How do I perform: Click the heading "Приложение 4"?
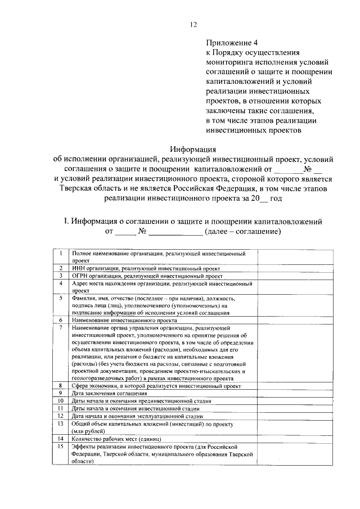pos(232,42)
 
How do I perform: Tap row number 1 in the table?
pos(60,254)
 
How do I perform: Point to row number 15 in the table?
pos(60,445)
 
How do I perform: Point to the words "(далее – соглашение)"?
pos(242,232)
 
